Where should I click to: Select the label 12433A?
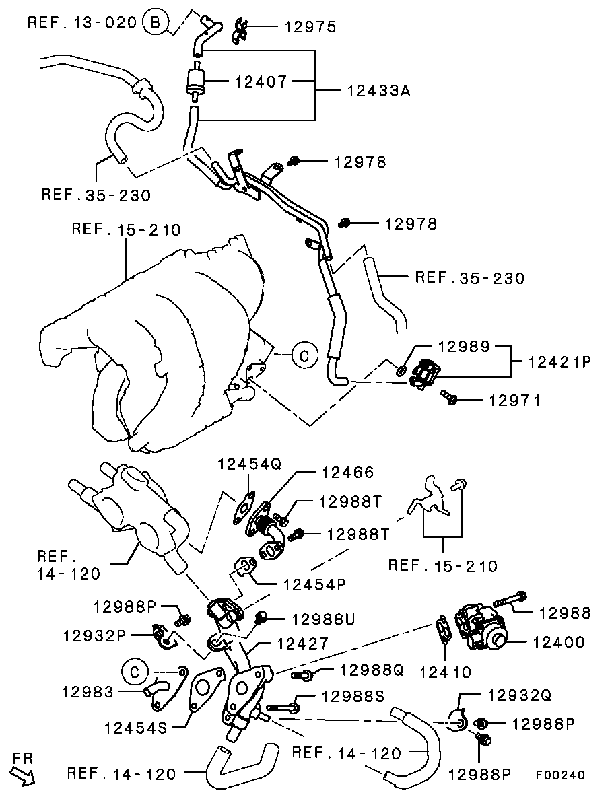coord(378,90)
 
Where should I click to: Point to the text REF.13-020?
coord(83,23)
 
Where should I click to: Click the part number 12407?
coord(261,82)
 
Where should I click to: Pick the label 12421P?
coord(559,362)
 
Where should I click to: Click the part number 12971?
coord(514,400)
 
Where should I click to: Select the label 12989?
coord(465,347)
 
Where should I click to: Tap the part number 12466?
coord(347,473)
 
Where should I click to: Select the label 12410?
coord(445,671)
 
